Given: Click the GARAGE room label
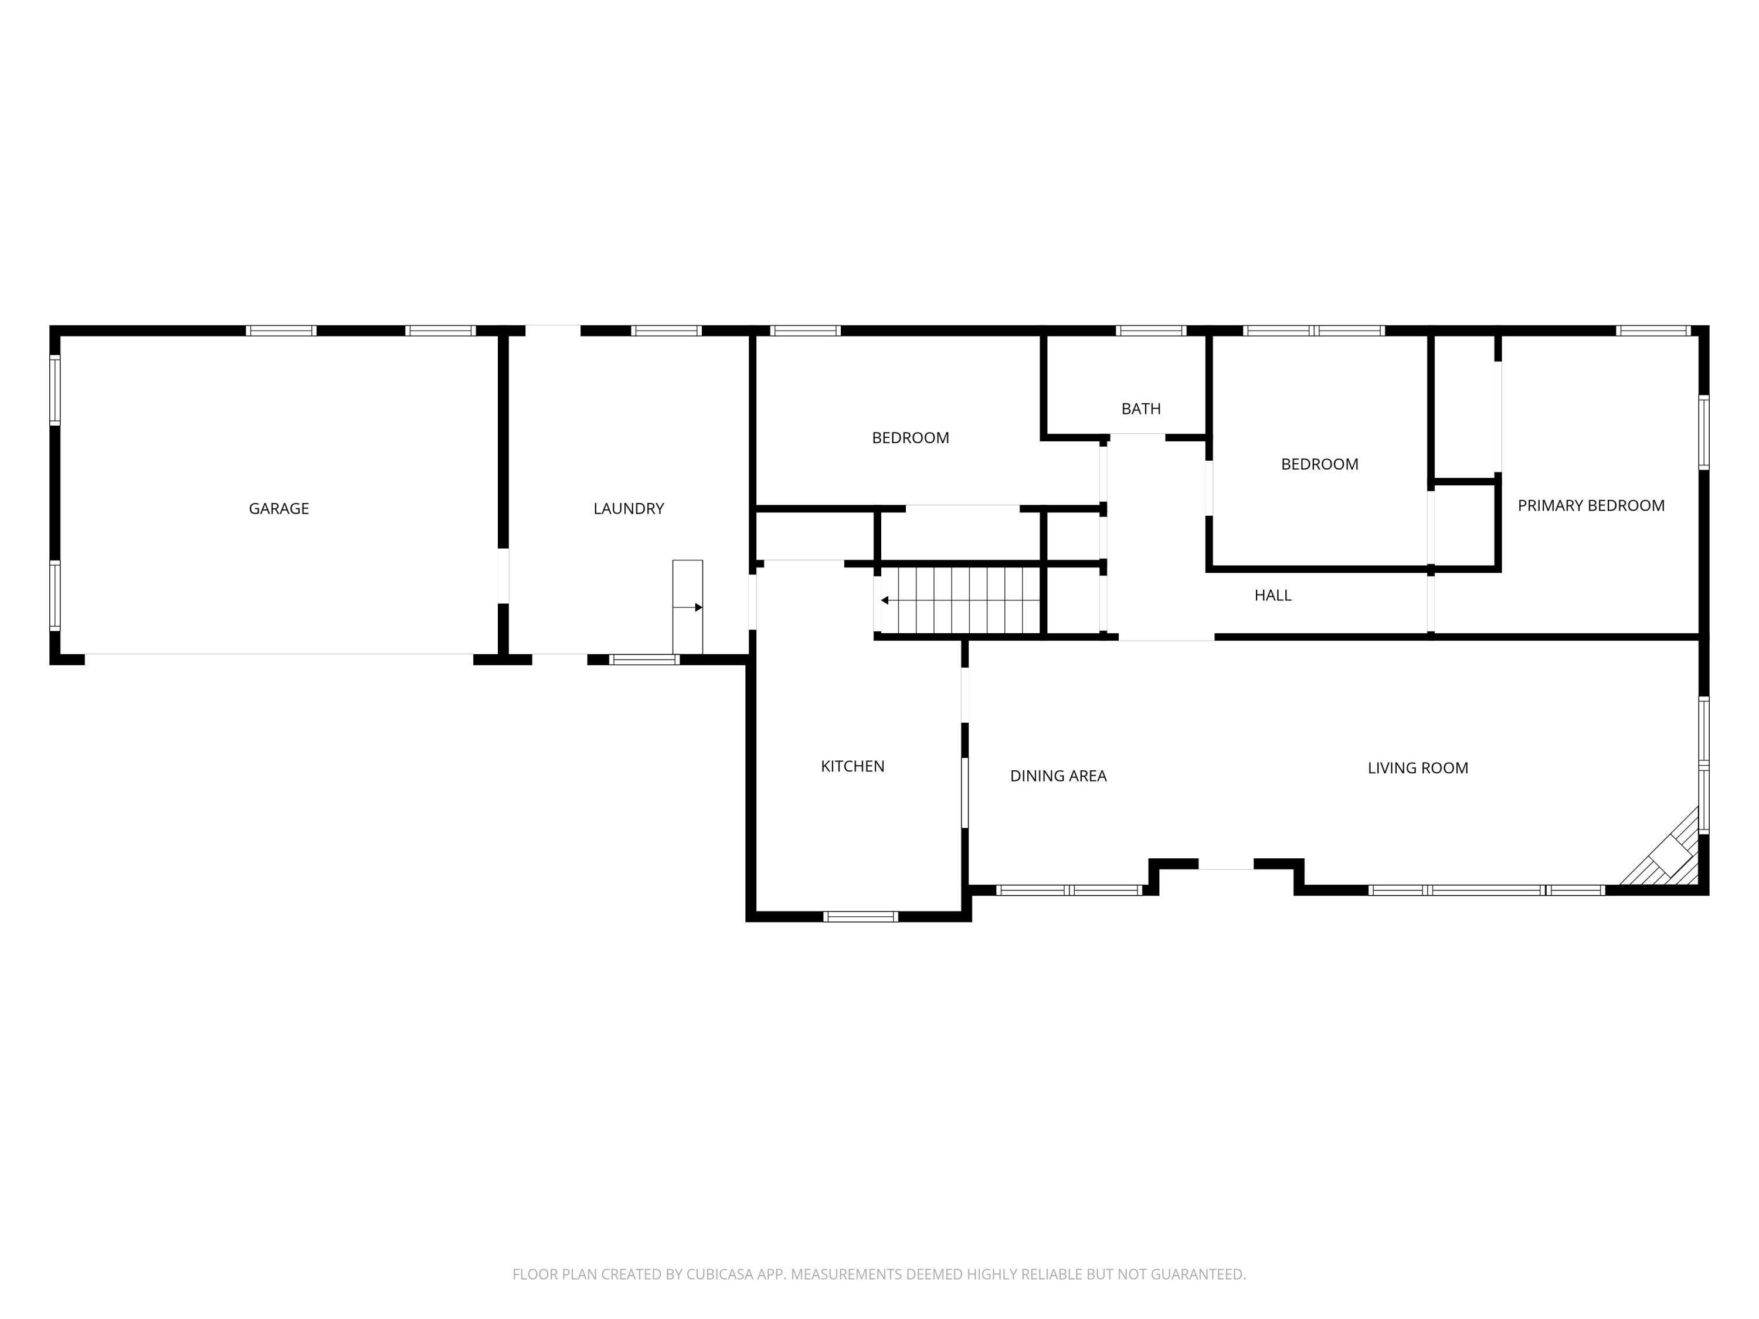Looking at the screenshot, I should tap(279, 509).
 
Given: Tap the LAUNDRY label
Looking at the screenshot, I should tap(628, 509).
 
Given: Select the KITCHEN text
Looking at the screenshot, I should tap(853, 766).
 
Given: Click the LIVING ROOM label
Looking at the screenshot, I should tap(1418, 768).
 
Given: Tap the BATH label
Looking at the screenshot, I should tap(1140, 409).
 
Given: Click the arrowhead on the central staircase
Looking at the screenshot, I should tap(885, 600).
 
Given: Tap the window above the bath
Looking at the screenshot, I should tap(1150, 331).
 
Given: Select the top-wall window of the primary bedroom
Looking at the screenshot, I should tap(1653, 331).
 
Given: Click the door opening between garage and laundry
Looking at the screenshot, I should tap(502, 576).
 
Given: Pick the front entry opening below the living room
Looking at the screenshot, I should tap(1225, 864).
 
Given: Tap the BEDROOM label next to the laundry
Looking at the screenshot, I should tap(910, 438).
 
